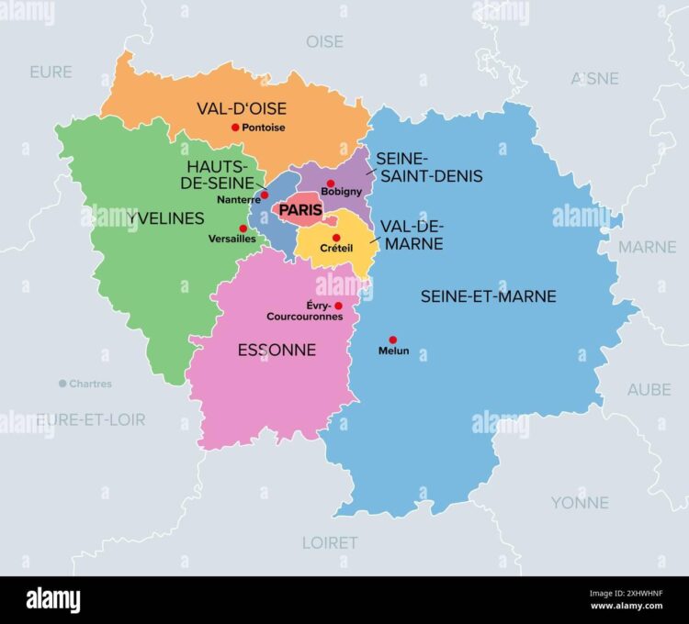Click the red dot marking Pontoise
(235, 128)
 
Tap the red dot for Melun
(392, 340)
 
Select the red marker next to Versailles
(243, 228)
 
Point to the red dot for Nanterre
(265, 195)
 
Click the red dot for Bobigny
(331, 184)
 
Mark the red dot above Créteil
(336, 238)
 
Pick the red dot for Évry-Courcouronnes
(338, 306)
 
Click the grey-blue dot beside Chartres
(62, 384)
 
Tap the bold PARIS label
(300, 210)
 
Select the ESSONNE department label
(277, 350)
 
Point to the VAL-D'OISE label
(242, 108)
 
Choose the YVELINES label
(140, 217)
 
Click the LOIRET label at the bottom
(330, 542)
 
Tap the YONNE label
(580, 502)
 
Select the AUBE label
(649, 389)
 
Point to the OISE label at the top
(324, 41)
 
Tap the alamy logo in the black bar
(53, 599)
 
